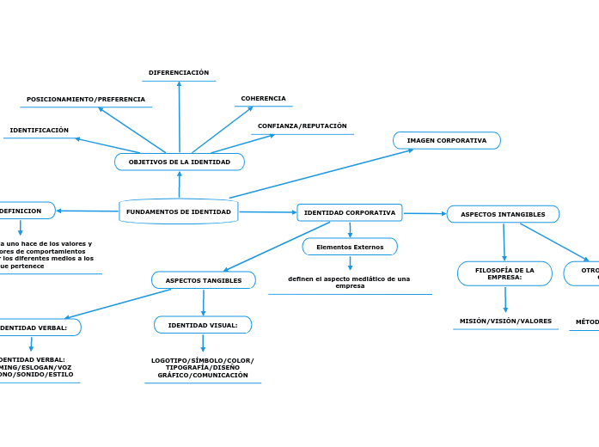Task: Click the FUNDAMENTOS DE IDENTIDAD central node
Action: tap(179, 211)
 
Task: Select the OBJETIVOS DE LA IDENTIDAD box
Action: tap(180, 162)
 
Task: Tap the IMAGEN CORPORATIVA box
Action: tap(447, 140)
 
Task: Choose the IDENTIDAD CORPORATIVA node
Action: tap(350, 212)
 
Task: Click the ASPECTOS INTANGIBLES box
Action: tap(503, 214)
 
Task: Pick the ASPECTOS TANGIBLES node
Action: tap(204, 280)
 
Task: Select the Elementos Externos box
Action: tap(350, 247)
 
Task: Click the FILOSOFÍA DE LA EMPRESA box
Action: tap(504, 273)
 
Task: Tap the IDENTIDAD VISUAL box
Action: tap(203, 325)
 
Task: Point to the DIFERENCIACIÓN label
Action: tap(179, 73)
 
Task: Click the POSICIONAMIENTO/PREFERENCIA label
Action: tap(86, 100)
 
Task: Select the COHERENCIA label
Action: tap(263, 99)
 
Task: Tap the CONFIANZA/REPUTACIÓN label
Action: tap(303, 126)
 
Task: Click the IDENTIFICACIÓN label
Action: tap(40, 131)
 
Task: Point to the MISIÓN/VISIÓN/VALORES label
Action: tap(505, 321)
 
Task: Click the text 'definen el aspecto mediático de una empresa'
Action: tap(349, 282)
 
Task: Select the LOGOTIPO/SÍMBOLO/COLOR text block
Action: tap(203, 368)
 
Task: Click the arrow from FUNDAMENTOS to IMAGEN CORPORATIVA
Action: tap(321, 174)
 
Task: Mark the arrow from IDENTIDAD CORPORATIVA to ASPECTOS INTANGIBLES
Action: tap(425, 213)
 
